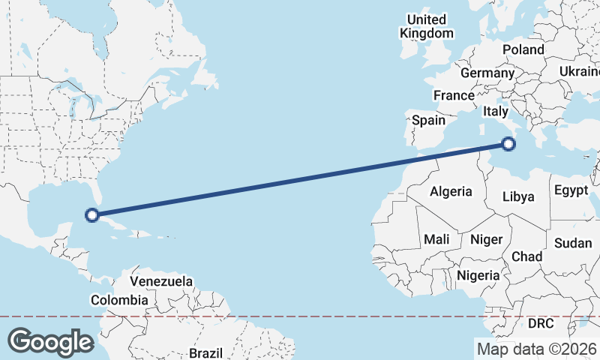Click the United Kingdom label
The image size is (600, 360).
click(427, 26)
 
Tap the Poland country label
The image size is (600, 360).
click(523, 49)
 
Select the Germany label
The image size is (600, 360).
click(487, 73)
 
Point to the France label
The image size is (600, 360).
click(454, 95)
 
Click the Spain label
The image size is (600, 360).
click(428, 119)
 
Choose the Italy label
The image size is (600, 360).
click(496, 111)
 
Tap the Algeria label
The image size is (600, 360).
click(451, 191)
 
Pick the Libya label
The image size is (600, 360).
click(518, 197)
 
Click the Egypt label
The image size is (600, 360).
click(571, 190)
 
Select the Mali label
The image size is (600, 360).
click(436, 239)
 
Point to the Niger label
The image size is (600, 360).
click(485, 239)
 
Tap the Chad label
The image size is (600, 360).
click(526, 256)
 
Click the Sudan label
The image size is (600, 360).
click(573, 243)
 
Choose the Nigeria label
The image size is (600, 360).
click(478, 275)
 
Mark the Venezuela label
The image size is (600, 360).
click(161, 282)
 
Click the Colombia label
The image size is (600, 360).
click(119, 300)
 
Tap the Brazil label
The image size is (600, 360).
click(205, 352)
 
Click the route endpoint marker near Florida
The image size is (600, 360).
click(92, 215)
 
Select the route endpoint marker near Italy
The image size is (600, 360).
click(509, 143)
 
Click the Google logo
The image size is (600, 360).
click(50, 342)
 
